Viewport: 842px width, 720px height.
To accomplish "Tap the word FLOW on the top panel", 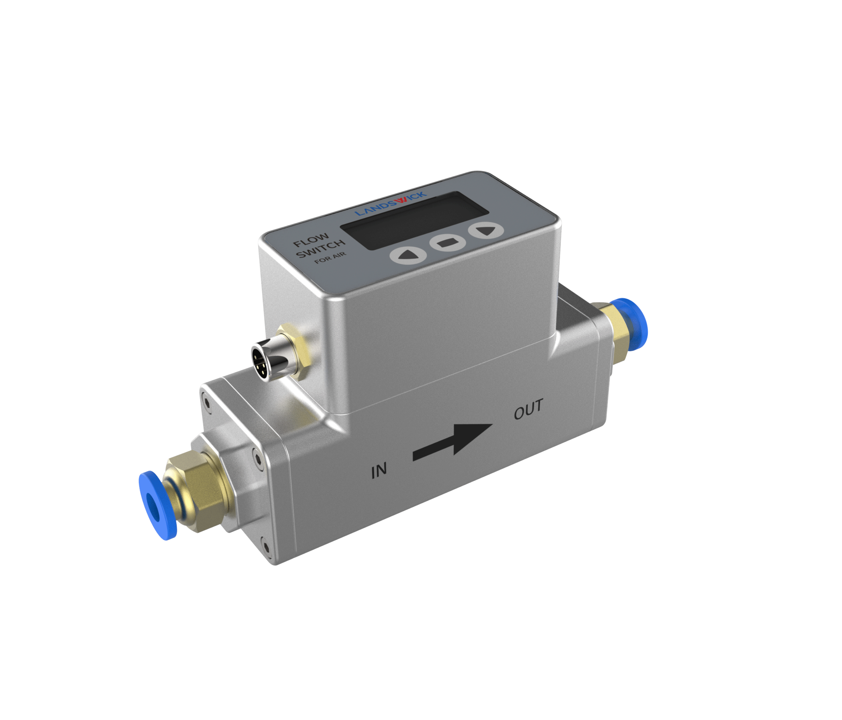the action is [311, 240].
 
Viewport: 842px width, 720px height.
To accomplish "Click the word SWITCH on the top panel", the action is [321, 248].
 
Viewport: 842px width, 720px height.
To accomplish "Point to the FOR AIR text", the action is [330, 258].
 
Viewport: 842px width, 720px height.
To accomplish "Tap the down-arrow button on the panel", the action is [486, 230].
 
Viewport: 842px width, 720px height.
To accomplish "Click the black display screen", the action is [415, 220].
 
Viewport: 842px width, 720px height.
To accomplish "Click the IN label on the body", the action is [379, 471].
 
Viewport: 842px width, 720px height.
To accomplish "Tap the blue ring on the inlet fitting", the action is [157, 505].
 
